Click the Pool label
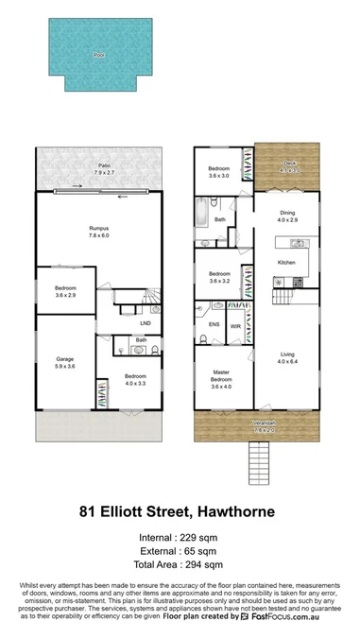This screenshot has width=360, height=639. tap(98, 56)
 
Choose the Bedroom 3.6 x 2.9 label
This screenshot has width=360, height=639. tap(65, 292)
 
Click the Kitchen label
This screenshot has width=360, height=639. tap(288, 262)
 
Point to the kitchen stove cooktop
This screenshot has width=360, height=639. tap(296, 281)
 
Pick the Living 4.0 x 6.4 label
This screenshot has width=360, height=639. tap(288, 357)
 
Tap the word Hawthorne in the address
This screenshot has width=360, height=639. tap(234, 511)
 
